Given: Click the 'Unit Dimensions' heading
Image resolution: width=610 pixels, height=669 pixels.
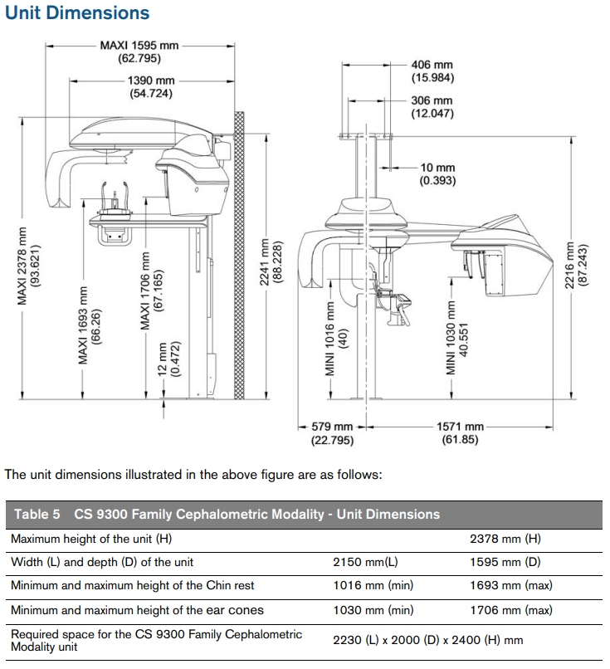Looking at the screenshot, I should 77,13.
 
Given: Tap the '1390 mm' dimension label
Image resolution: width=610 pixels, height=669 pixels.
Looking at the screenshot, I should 150,81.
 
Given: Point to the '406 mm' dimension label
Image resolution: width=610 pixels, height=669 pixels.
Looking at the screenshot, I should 432,65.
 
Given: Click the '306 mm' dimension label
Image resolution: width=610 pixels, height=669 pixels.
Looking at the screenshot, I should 432,100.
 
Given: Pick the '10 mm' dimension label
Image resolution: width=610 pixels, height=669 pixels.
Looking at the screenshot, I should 437,168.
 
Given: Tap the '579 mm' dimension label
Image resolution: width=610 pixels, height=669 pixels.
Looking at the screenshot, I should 332,427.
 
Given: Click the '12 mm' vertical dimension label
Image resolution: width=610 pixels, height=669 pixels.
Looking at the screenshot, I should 163,353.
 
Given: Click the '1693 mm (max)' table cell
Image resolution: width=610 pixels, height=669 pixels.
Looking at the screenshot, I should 510,586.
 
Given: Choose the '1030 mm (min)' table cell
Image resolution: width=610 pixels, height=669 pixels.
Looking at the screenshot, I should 373,610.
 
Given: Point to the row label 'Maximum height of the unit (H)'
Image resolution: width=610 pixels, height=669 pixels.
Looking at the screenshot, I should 91,539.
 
